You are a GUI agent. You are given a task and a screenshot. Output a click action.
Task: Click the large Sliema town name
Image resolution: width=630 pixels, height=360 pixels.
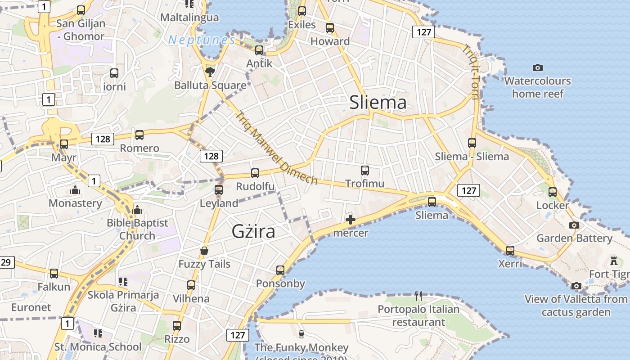(378, 103)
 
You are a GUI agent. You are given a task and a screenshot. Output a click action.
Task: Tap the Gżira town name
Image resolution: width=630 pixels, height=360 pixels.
(253, 231)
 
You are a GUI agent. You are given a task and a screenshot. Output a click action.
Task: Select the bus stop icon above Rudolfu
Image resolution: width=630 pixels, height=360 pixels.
(255, 173)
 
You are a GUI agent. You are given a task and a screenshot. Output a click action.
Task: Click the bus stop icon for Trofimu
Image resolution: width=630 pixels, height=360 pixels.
(365, 171)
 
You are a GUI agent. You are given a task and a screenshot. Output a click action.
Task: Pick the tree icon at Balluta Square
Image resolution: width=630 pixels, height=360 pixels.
(210, 72)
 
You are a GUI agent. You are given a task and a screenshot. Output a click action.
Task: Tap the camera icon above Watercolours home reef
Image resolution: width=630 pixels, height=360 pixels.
(537, 67)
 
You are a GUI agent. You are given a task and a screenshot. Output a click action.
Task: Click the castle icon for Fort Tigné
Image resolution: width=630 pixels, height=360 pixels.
(613, 261)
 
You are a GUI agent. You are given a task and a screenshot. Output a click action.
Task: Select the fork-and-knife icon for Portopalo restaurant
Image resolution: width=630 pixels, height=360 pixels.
(418, 296)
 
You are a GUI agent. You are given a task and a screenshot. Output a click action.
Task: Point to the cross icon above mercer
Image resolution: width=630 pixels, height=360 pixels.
(351, 220)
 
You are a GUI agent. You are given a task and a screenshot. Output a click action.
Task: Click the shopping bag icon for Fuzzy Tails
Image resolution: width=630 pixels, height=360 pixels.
(204, 251)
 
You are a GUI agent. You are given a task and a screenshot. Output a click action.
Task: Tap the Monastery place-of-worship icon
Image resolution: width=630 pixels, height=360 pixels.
(75, 190)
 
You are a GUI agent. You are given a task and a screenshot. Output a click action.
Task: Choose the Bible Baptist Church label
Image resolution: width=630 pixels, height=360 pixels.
(137, 229)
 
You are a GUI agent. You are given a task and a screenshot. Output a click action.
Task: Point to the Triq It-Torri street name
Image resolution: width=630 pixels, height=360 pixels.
(472, 72)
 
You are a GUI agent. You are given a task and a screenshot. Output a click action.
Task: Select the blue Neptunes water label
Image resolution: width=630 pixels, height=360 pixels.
(202, 40)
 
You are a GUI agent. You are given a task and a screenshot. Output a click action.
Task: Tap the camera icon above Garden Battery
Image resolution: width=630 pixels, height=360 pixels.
(574, 225)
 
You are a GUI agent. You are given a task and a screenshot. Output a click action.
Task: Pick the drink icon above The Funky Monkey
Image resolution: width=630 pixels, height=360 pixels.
(301, 334)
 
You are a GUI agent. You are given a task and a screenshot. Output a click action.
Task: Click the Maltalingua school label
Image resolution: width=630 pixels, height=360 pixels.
(190, 18)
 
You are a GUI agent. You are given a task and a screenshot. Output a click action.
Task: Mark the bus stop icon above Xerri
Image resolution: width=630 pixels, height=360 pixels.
(510, 251)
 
